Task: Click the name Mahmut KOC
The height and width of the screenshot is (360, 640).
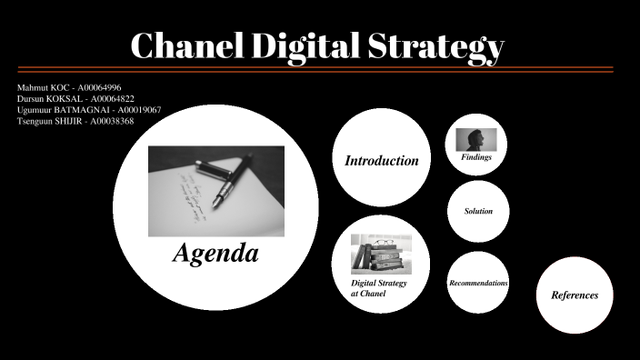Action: [41, 87]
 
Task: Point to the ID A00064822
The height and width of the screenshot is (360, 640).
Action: [109, 98]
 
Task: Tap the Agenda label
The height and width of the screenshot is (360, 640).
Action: [215, 254]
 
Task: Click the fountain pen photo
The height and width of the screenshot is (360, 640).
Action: [215, 191]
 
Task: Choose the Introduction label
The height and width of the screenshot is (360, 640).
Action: [381, 161]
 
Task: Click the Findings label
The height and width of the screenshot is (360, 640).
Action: [476, 157]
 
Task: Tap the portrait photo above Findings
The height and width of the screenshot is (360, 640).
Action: [476, 139]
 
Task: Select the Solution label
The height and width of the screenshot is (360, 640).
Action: [478, 211]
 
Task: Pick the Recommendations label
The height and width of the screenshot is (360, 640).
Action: [478, 284]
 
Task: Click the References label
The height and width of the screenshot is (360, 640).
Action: [575, 295]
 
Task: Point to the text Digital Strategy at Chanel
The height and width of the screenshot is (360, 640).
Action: [378, 288]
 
